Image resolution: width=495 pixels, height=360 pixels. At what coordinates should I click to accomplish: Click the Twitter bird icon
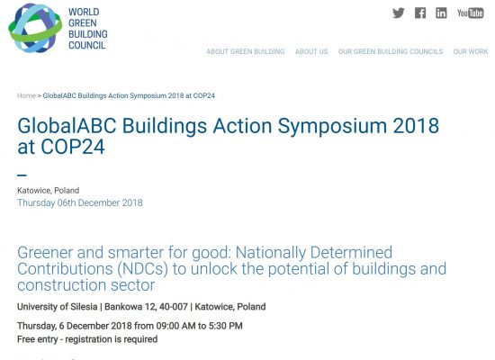tap(399, 13)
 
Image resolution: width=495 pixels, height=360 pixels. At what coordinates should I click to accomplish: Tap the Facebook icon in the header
tap(420, 13)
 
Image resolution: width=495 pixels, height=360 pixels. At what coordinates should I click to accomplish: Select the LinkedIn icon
tap(441, 13)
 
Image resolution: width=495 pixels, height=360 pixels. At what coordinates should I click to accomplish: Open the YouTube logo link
tap(471, 13)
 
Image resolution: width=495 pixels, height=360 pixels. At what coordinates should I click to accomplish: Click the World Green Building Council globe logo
tap(35, 28)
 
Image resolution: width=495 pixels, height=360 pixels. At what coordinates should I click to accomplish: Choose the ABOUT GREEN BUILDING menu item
tap(246, 51)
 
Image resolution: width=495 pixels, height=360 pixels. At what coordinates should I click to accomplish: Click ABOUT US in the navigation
tap(311, 51)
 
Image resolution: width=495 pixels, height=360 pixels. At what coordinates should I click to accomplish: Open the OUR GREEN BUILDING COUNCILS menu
tap(391, 51)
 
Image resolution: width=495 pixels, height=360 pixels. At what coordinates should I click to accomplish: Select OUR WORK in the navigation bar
tap(471, 51)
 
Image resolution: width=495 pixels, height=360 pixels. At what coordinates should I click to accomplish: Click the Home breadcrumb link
tap(26, 95)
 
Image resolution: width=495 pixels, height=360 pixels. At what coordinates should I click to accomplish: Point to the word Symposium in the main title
tap(332, 126)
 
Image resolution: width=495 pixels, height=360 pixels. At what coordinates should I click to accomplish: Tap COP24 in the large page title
tap(73, 147)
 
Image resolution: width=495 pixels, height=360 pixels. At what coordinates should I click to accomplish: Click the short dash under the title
tap(22, 175)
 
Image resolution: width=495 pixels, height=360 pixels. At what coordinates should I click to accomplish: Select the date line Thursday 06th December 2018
tap(80, 202)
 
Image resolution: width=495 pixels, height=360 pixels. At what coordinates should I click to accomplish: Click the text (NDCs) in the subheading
tap(142, 269)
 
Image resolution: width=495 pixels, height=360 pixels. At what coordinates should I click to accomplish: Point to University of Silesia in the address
tap(57, 307)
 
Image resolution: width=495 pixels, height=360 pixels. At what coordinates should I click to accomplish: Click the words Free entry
tap(38, 339)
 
